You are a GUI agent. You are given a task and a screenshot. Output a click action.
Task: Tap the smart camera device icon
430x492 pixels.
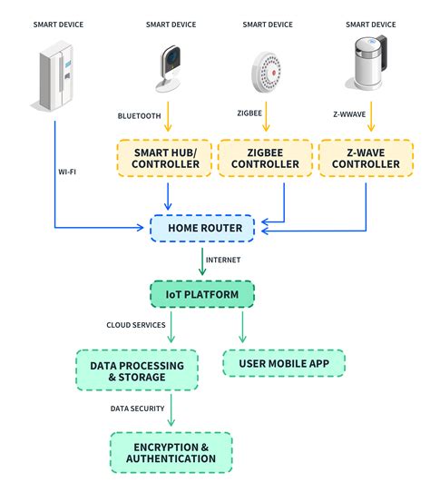[169, 69]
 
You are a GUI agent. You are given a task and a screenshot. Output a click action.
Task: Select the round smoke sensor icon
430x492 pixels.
[269, 69]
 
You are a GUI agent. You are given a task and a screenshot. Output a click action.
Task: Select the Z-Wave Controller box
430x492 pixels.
[366, 157]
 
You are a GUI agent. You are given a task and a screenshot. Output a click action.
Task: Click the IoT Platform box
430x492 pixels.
[201, 294]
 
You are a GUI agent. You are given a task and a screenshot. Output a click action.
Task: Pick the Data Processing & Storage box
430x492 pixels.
[137, 371]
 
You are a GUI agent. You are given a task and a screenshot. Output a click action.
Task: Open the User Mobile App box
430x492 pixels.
[283, 364]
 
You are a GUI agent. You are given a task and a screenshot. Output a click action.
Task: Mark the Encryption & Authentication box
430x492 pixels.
[171, 452]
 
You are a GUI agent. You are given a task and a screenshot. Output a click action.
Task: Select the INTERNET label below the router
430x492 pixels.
[223, 260]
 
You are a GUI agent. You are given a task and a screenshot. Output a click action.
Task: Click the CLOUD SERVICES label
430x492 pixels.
[137, 325]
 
